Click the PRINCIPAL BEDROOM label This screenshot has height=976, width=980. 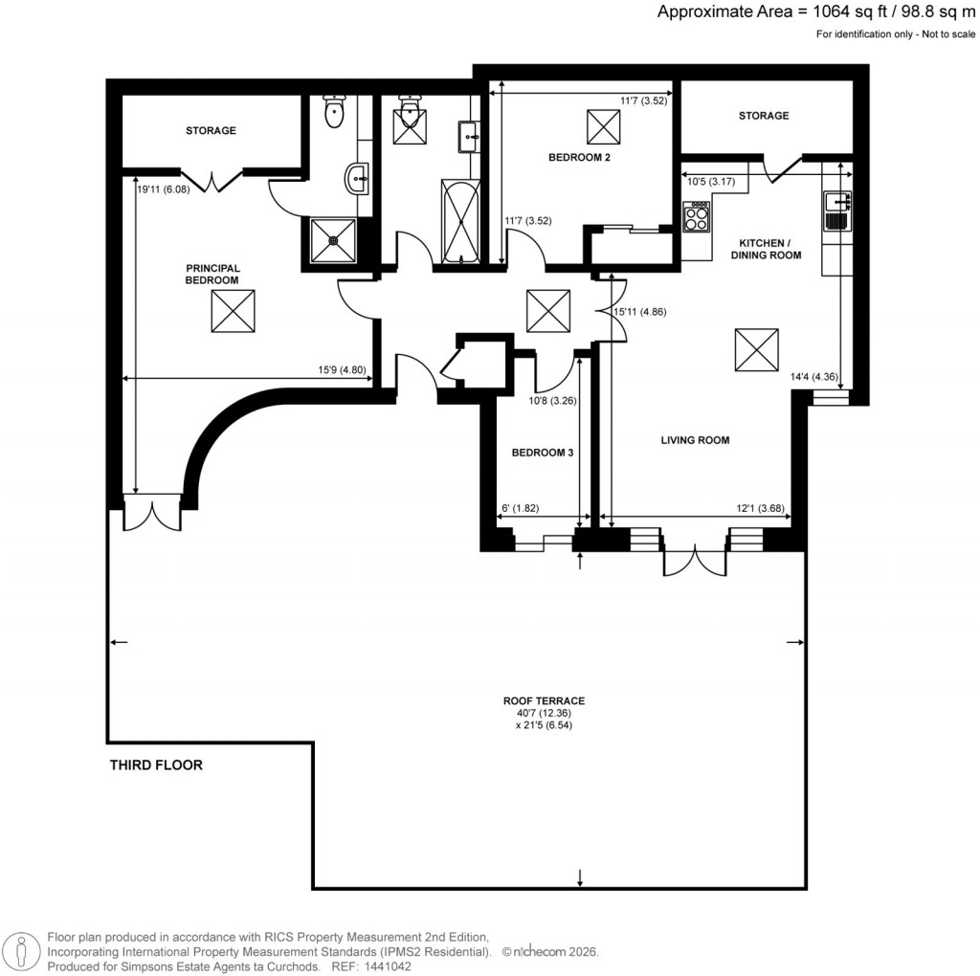coord(212,274)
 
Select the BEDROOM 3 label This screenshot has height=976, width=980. coord(542,453)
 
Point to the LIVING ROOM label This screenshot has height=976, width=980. coord(695,440)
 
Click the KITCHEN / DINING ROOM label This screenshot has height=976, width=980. coord(766,249)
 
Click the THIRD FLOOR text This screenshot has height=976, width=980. coord(156,765)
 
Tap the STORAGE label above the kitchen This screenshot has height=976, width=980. coord(763,116)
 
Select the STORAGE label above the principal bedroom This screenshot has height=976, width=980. coord(211,130)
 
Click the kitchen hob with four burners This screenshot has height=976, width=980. coord(696,217)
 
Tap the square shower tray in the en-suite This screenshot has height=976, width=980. coord(333,240)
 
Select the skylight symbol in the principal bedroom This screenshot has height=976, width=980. coord(234,311)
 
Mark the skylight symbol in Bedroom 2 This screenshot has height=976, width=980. coord(604,125)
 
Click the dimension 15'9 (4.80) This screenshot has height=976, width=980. coord(342,370)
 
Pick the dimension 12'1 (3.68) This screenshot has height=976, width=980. coord(758,508)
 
